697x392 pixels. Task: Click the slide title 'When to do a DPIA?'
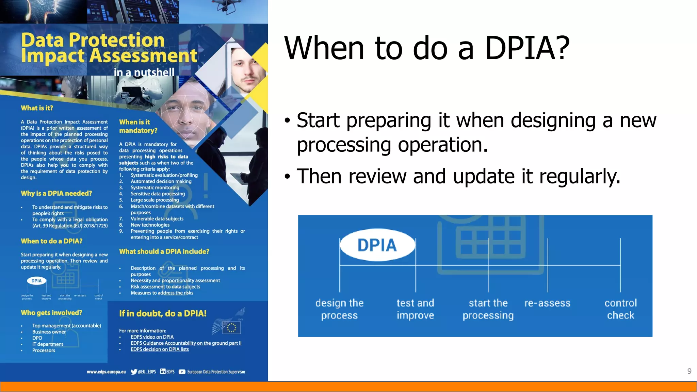pos(427,48)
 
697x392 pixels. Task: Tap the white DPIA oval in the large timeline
pos(377,245)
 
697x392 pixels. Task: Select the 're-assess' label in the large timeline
pos(547,303)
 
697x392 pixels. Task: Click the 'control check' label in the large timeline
pos(620,309)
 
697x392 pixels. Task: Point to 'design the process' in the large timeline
pos(339,309)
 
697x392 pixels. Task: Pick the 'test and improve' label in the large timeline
pos(415,309)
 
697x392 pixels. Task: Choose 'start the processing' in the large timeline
pos(488,309)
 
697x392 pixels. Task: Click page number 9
pos(689,371)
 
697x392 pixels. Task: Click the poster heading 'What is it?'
pos(37,108)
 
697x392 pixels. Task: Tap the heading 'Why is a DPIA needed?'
pos(56,193)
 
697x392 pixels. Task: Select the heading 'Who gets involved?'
pos(51,313)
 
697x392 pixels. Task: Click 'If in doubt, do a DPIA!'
pos(163,313)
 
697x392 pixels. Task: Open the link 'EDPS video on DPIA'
pos(152,337)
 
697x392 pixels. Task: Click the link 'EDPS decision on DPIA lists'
pos(160,349)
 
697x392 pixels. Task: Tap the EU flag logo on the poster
pos(231,328)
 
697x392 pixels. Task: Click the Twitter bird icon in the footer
pos(134,372)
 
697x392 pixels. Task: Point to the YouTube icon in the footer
pos(182,372)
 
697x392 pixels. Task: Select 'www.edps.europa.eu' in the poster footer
pos(106,372)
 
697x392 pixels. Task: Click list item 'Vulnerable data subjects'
pos(157,219)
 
